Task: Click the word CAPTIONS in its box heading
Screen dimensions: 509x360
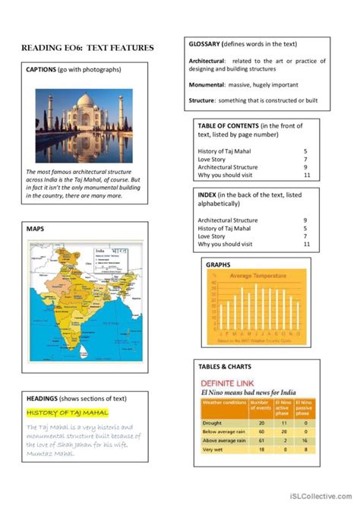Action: coord(42,71)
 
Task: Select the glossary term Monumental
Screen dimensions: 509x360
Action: coord(207,85)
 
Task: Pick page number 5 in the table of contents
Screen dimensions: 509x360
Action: coord(305,151)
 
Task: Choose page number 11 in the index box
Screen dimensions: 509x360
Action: coord(306,245)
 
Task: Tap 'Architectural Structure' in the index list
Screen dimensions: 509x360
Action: coord(227,220)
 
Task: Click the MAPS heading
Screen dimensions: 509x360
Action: coord(36,229)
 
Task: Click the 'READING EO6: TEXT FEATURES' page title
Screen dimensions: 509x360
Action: coord(87,48)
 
